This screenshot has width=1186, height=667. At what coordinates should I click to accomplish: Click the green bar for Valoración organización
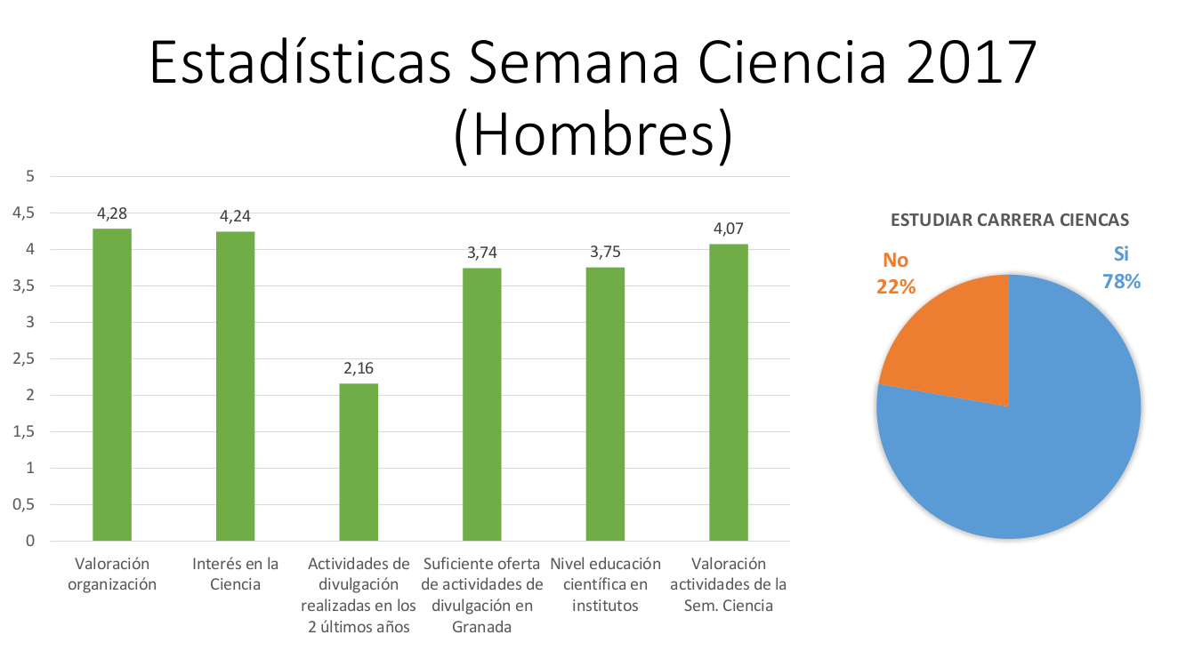[x=112, y=384]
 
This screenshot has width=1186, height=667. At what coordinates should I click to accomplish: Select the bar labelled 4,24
[x=236, y=385]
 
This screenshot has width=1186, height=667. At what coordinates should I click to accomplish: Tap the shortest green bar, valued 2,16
[x=359, y=462]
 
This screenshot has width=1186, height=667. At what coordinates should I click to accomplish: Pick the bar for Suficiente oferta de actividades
[x=482, y=404]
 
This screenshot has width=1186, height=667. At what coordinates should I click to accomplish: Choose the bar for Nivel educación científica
[x=605, y=404]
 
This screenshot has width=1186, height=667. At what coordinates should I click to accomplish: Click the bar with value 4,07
[x=728, y=391]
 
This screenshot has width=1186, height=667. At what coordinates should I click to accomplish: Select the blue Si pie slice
[x=1023, y=445]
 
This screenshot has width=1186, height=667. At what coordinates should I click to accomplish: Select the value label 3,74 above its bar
[x=482, y=253]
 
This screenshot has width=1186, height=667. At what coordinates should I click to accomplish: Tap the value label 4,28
[x=112, y=213]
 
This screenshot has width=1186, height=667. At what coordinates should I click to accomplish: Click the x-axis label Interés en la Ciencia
[x=236, y=574]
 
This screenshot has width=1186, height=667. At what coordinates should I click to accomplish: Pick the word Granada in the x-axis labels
[x=482, y=627]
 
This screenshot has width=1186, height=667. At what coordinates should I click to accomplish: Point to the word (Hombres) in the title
[x=593, y=135]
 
